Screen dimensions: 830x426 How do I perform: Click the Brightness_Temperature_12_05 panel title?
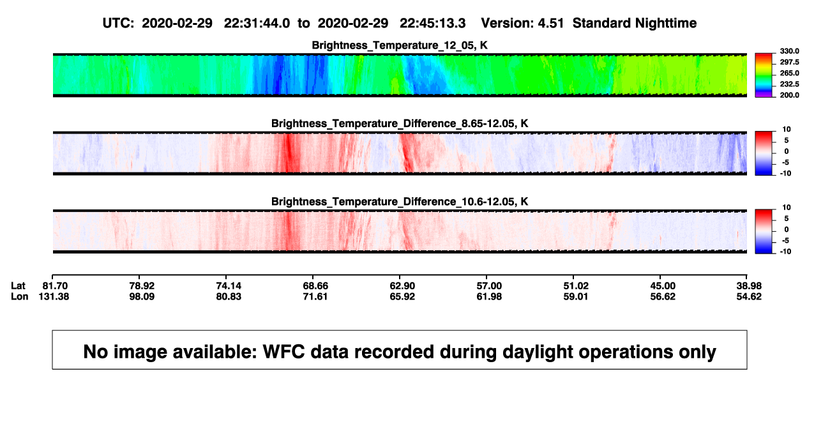pos(400,45)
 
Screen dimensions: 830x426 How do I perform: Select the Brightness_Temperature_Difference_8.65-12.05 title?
pos(400,123)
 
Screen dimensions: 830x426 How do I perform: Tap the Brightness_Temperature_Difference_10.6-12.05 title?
pos(400,202)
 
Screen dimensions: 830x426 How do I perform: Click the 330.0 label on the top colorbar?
pos(789,51)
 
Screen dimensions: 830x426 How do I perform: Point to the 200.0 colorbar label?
pos(789,95)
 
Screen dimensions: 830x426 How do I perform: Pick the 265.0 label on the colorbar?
pos(789,73)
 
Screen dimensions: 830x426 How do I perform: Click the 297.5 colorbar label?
pos(789,62)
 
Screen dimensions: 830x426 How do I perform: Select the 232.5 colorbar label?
pos(789,84)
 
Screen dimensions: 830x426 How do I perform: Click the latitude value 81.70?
pos(55,286)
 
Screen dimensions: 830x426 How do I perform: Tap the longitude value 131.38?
pos(54,297)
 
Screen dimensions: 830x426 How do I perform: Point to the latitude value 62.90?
pos(402,286)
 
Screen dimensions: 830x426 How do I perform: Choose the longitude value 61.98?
pos(489,297)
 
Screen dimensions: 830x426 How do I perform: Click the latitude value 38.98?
pos(749,286)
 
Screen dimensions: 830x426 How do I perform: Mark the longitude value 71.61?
pos(315,297)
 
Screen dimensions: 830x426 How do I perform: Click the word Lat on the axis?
pos(18,286)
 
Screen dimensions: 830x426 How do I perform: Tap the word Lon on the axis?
pos(20,297)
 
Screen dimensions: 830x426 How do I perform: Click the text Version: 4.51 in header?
pos(522,24)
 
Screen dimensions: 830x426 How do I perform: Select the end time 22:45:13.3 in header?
pos(432,24)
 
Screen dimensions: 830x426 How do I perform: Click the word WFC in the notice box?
pos(283,352)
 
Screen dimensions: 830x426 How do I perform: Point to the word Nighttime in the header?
pos(665,24)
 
